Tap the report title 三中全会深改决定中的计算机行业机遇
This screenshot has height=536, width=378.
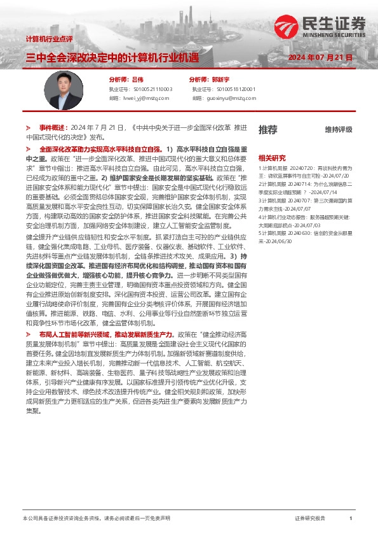pos(112,58)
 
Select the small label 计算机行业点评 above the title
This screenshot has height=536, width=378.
pos(53,39)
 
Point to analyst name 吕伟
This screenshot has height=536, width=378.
pos(137,80)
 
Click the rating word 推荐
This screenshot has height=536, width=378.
pos(267,130)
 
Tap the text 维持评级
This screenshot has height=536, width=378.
pos(338,130)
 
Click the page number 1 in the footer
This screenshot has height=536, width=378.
pos(351,519)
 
